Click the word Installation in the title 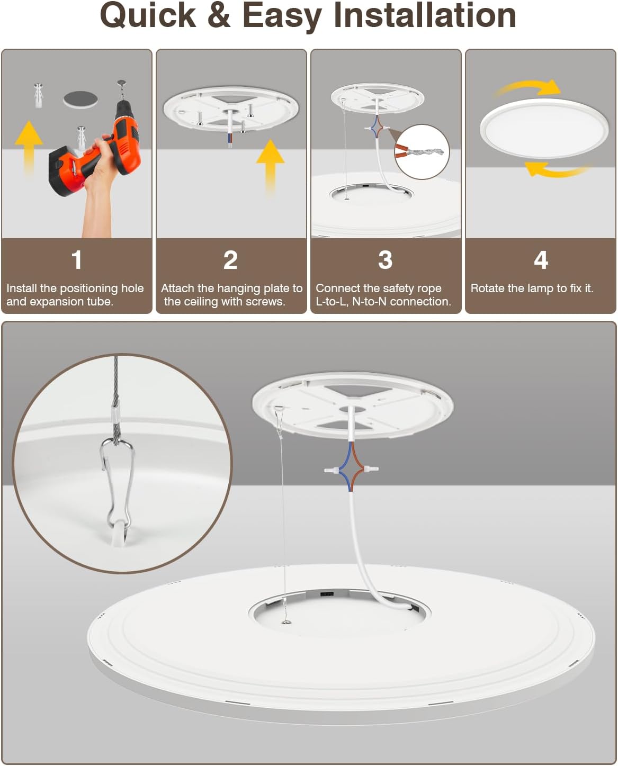coord(425,16)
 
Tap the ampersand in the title coord(219,16)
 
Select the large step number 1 coord(77,260)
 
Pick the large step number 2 coord(231,260)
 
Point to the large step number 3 coord(386,260)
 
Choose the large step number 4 coord(541,260)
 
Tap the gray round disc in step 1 coord(80,100)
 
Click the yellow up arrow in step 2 coord(271,167)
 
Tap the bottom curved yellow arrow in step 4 coord(556,170)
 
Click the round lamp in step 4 coord(544,128)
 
